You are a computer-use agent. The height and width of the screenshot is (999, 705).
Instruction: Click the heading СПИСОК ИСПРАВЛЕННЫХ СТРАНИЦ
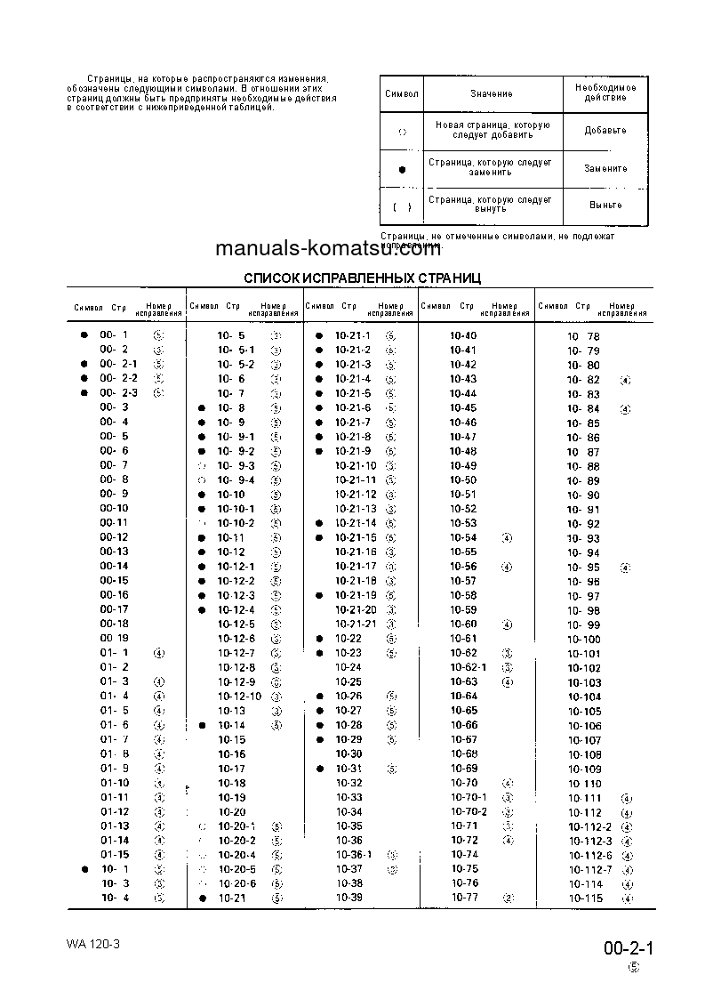click(x=362, y=278)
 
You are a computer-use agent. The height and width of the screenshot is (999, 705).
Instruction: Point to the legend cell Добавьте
click(x=605, y=130)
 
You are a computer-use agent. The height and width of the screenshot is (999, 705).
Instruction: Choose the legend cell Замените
click(x=605, y=168)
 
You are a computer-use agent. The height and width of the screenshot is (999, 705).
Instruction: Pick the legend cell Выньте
click(x=605, y=205)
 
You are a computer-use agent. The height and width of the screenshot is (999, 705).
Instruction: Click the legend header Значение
click(x=492, y=93)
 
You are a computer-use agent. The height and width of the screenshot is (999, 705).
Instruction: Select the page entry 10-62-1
click(x=469, y=667)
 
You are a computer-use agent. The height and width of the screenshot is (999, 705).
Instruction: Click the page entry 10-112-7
click(x=590, y=869)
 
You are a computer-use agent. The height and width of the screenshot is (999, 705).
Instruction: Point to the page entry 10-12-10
click(x=240, y=697)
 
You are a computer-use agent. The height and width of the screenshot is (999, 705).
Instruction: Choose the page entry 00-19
click(x=114, y=639)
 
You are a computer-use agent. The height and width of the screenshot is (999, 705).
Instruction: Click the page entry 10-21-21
click(x=356, y=624)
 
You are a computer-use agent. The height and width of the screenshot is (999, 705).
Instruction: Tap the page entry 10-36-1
click(x=353, y=855)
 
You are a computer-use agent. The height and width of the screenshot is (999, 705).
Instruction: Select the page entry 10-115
click(x=585, y=898)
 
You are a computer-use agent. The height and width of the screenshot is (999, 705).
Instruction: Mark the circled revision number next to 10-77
click(x=508, y=898)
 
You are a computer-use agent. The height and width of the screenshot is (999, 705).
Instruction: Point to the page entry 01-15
click(x=114, y=855)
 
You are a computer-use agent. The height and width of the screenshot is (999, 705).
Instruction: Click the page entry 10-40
click(x=463, y=335)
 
